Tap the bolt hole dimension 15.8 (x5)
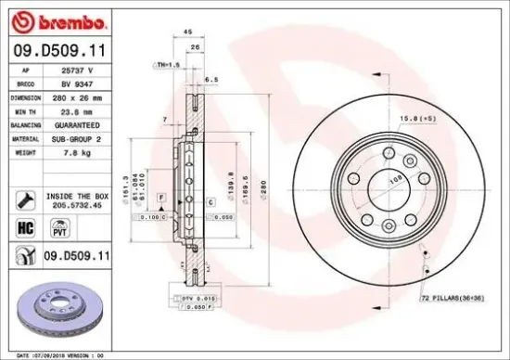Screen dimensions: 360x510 pyautogui.click(x=420, y=119)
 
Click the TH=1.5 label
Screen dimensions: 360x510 pyautogui.click(x=167, y=65)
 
